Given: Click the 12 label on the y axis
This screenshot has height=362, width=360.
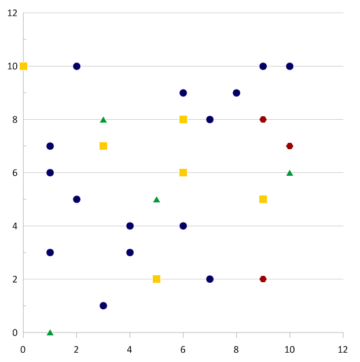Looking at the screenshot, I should (x=12, y=13).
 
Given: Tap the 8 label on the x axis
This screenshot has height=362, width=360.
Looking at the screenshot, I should (x=236, y=349).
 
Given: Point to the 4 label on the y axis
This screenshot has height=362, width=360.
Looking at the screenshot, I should (x=14, y=226).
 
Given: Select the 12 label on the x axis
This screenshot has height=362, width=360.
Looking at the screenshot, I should (x=343, y=349).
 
